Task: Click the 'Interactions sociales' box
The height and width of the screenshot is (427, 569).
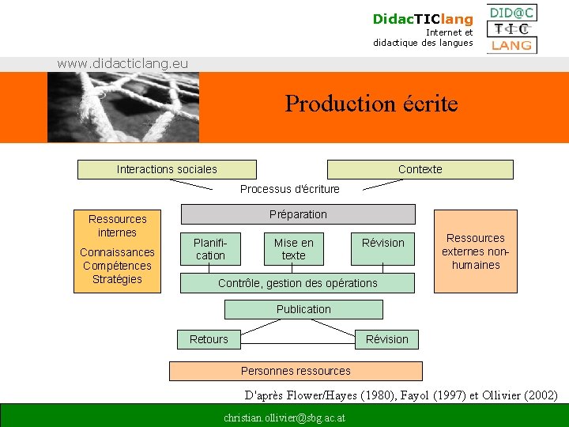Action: (x=167, y=169)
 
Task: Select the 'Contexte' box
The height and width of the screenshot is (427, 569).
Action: (x=420, y=169)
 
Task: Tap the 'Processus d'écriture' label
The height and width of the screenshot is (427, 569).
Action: (x=289, y=189)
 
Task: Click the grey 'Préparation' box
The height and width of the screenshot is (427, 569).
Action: (x=298, y=214)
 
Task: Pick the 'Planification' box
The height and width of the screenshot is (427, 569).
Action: (x=209, y=249)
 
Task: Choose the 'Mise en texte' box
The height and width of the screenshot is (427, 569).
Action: (x=293, y=249)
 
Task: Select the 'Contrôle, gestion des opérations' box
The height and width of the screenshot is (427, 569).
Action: (x=298, y=283)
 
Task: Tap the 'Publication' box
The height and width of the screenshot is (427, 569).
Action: (x=303, y=309)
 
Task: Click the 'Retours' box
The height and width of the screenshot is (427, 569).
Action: (x=209, y=339)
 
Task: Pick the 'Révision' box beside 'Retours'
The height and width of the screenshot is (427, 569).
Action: (x=386, y=339)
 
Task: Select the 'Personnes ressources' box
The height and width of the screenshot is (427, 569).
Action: (x=296, y=371)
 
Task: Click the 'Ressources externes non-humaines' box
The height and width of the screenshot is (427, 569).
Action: (x=475, y=251)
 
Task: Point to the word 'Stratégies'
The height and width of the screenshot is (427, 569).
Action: (x=117, y=279)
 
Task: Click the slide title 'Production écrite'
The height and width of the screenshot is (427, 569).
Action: (x=371, y=104)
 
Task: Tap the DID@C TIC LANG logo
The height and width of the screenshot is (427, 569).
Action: (x=511, y=29)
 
